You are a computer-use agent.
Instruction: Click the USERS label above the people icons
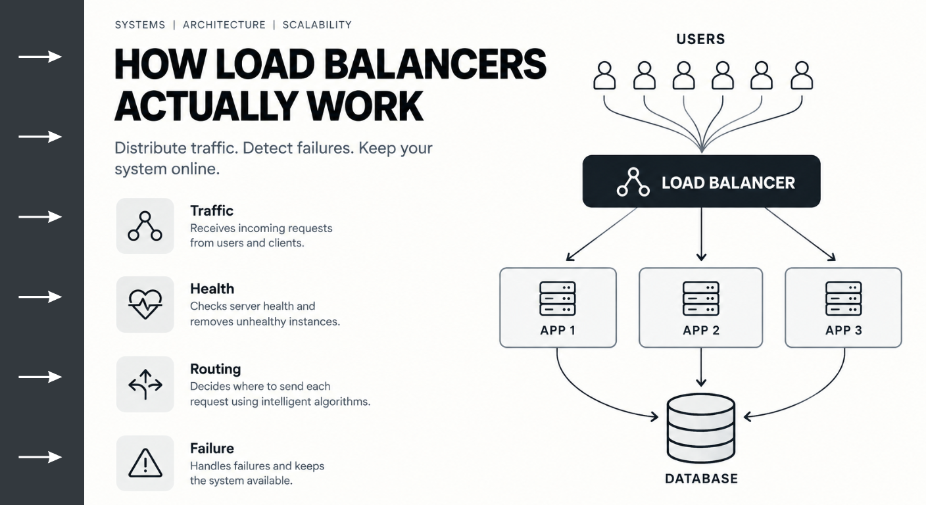pos(700,39)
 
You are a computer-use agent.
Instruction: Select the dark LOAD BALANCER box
pos(701,181)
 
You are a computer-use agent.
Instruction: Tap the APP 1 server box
pos(558,308)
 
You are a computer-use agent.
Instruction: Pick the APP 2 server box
pos(700,308)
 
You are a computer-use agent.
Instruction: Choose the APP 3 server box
pos(843,308)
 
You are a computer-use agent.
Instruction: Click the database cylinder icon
pos(701,428)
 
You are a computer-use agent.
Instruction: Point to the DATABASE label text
pos(701,479)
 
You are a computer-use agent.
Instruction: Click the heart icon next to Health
pos(145,304)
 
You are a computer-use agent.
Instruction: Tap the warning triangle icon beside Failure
pos(145,463)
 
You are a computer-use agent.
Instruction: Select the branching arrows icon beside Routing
pos(145,384)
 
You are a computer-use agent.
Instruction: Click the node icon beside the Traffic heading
pos(145,226)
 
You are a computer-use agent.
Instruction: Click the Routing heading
pos(215,369)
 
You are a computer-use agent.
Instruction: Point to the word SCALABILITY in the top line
pos(317,25)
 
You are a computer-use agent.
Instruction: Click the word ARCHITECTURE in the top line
pos(224,25)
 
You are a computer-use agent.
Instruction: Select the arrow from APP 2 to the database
pos(700,367)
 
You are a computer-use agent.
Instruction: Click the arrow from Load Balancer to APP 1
pos(601,234)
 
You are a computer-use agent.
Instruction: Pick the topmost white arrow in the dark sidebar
pos(40,57)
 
